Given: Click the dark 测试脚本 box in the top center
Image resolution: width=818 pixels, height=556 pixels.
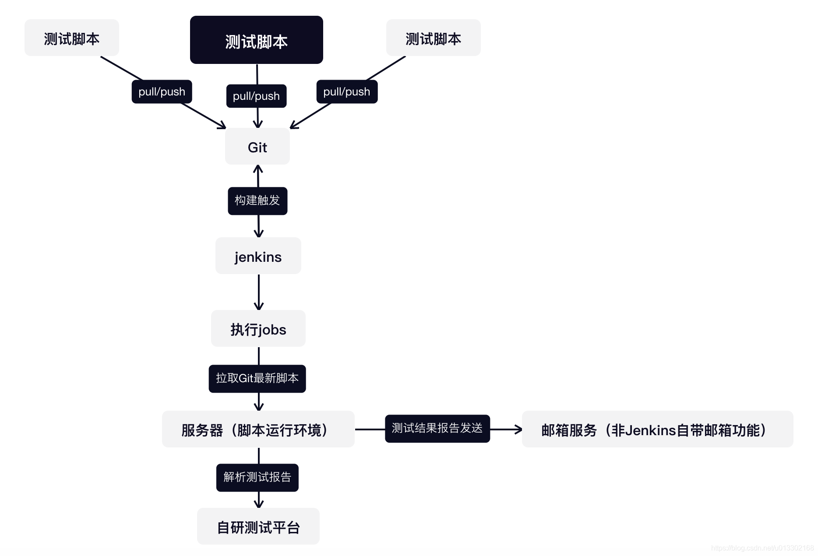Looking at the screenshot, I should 256,40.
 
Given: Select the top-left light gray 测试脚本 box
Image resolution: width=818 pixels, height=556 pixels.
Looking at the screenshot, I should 72,38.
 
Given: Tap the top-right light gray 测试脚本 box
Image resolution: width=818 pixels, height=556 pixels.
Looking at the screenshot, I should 433,38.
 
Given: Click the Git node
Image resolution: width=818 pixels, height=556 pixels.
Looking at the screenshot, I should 257,147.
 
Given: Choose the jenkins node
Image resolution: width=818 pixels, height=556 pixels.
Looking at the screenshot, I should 258,256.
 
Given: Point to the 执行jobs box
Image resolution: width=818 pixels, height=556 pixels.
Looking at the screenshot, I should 258,329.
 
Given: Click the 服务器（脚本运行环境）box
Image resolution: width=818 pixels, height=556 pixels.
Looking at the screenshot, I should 258,429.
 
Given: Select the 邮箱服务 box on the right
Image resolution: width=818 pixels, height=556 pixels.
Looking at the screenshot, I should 657,429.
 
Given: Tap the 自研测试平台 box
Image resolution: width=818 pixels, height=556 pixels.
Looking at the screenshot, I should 258,527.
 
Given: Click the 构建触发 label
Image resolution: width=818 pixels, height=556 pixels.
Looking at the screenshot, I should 257,201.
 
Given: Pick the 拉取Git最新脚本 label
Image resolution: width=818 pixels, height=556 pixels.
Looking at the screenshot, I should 257,379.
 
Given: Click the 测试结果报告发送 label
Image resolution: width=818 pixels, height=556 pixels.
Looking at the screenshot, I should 437,429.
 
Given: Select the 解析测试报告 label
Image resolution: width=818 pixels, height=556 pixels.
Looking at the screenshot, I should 257,478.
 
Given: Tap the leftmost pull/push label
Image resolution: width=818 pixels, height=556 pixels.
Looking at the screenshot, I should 162,91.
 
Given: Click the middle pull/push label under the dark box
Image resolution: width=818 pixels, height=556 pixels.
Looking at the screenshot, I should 256,96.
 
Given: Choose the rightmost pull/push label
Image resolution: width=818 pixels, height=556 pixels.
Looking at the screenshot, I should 347,91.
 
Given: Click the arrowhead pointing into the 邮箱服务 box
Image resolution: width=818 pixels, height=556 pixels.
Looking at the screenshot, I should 518,429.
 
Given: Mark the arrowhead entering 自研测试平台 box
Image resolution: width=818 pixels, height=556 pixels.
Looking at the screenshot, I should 259,504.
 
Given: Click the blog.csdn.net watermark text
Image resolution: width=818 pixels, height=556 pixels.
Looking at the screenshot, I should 762,548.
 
